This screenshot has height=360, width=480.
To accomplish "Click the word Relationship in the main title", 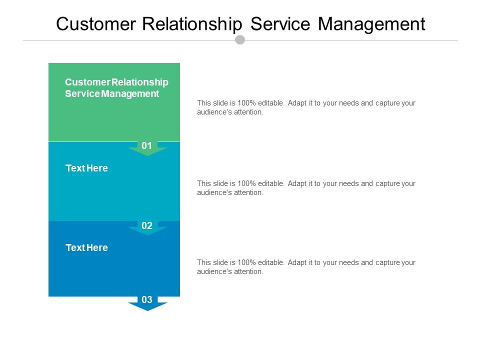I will pyautogui.click(x=191, y=24).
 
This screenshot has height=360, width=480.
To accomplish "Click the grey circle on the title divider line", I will pyautogui.click(x=240, y=39).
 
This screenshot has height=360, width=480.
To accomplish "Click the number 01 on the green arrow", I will pyautogui.click(x=147, y=146).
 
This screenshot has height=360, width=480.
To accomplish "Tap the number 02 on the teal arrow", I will pyautogui.click(x=147, y=226).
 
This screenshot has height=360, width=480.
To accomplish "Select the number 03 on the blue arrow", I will pyautogui.click(x=147, y=300).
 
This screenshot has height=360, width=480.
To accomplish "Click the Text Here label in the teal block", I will pyautogui.click(x=86, y=168).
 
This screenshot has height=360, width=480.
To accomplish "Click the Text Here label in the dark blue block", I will pyautogui.click(x=86, y=248).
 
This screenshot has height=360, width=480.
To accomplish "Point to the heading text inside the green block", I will pyautogui.click(x=116, y=87).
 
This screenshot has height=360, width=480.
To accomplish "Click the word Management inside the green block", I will pyautogui.click(x=130, y=93).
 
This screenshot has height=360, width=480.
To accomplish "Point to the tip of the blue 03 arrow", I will pyautogui.click(x=147, y=310).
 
